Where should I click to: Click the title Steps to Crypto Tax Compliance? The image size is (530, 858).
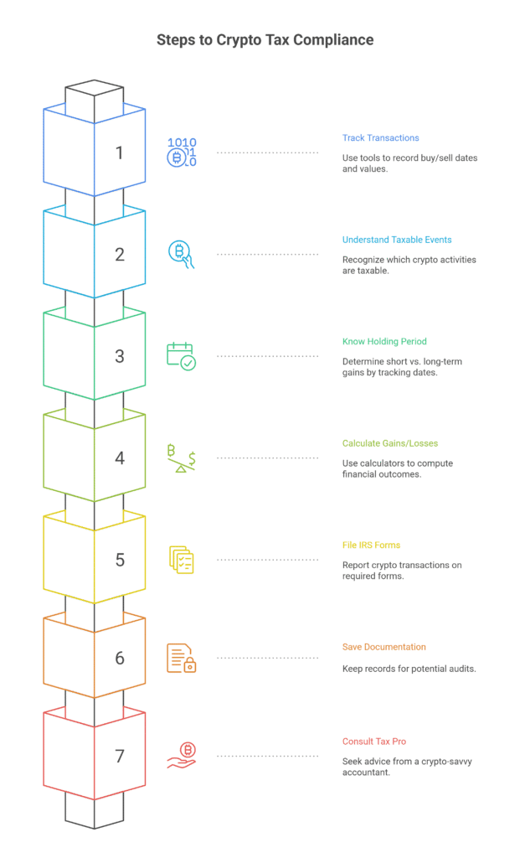[265, 40]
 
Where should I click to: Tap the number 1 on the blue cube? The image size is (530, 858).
[119, 152]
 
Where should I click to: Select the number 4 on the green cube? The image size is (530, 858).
[120, 458]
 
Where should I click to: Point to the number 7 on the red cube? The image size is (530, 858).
[120, 757]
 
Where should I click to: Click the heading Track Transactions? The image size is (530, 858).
[381, 138]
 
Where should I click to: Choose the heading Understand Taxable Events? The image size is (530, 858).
[397, 240]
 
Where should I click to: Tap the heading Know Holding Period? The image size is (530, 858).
[384, 342]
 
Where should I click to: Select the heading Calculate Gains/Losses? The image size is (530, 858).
[390, 443]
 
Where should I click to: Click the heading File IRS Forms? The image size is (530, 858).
[372, 545]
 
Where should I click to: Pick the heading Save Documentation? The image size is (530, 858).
[384, 647]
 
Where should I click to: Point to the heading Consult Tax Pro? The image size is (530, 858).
[374, 742]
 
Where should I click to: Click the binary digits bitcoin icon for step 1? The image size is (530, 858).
[182, 152]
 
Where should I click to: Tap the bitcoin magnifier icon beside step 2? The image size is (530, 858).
[181, 255]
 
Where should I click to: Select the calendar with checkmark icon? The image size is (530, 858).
[181, 356]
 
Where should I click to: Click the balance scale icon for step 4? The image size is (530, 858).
[181, 458]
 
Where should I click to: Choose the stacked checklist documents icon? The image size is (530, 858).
[182, 560]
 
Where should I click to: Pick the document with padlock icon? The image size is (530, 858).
[181, 658]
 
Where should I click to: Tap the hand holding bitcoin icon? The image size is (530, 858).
[181, 756]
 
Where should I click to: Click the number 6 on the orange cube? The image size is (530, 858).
[120, 659]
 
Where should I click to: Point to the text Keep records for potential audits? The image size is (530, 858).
[409, 669]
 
